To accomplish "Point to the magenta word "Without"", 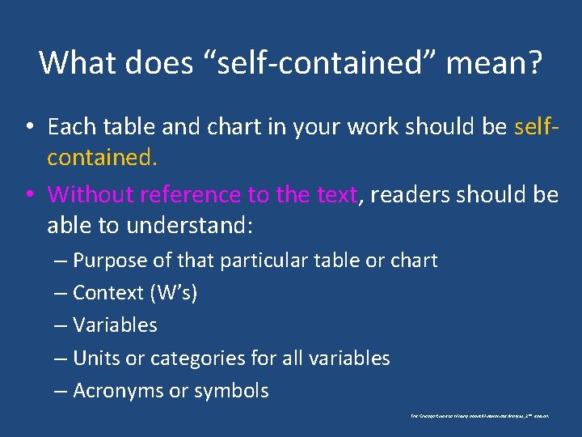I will tap(90, 195).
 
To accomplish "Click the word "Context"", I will tap(107, 293).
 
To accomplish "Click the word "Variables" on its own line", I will tap(115, 325).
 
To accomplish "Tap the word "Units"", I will tap(94, 358).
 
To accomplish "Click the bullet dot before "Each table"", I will tap(28, 128).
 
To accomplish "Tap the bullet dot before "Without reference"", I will tap(28, 196).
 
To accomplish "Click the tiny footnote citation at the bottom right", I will tap(479, 416).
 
